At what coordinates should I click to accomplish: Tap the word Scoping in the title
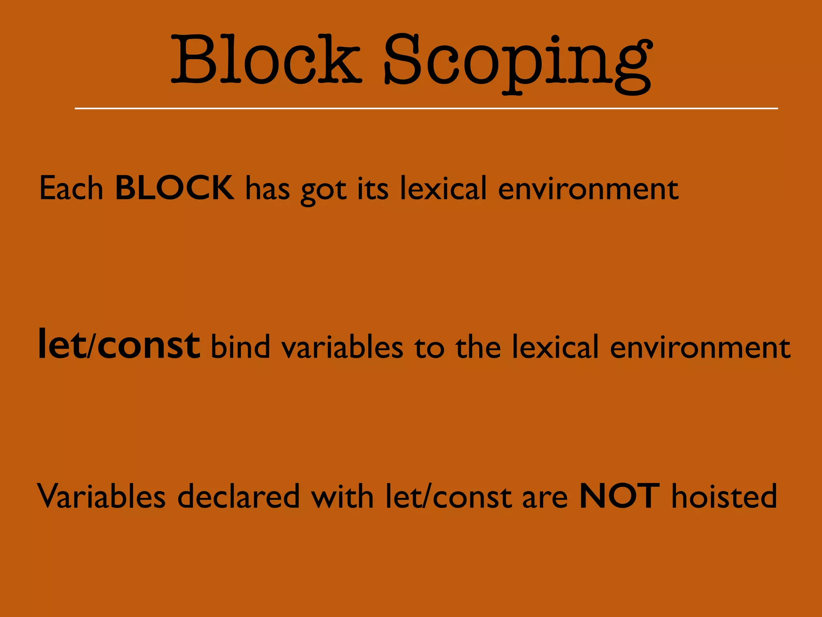(x=518, y=64)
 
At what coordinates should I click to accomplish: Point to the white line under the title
(x=426, y=108)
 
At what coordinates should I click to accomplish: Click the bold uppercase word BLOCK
(x=175, y=188)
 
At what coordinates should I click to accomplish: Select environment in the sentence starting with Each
(x=588, y=189)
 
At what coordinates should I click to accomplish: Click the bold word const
(x=149, y=345)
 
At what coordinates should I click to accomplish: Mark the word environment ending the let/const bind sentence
(x=700, y=347)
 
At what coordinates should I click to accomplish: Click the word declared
(x=238, y=496)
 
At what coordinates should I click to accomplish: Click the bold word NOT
(x=619, y=496)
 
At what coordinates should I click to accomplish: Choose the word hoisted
(x=724, y=496)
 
